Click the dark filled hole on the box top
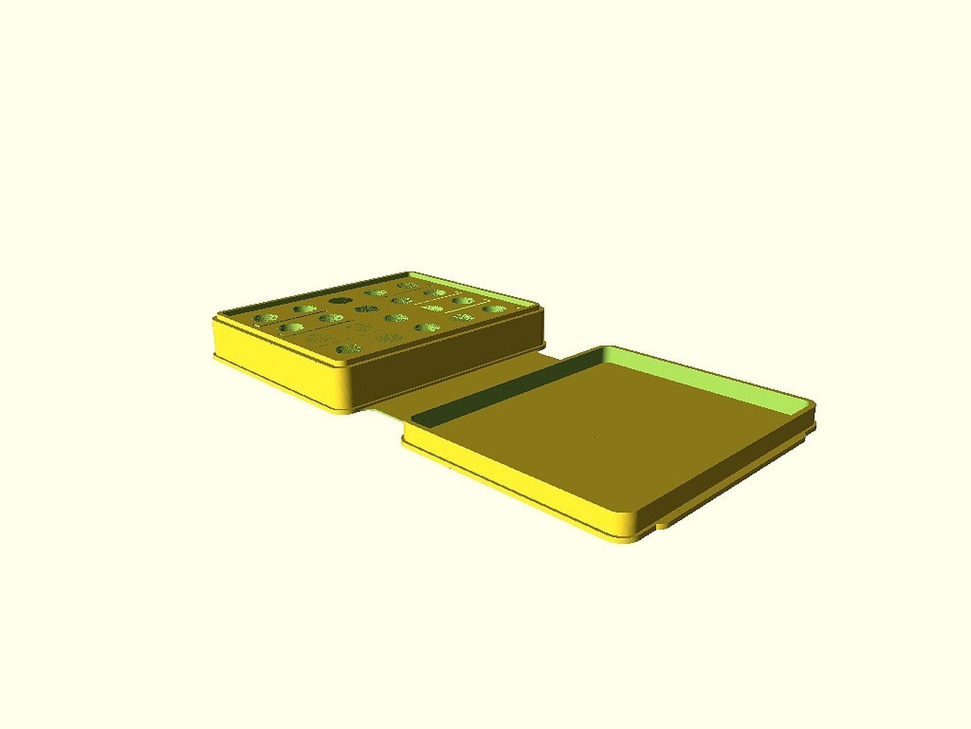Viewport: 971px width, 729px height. pyautogui.click(x=337, y=300)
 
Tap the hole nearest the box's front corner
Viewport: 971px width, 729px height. pyautogui.click(x=347, y=349)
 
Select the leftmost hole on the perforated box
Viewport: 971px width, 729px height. pyautogui.click(x=266, y=318)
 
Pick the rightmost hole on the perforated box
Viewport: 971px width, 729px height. pyautogui.click(x=494, y=309)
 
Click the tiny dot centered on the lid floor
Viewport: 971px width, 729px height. pyautogui.click(x=596, y=436)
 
